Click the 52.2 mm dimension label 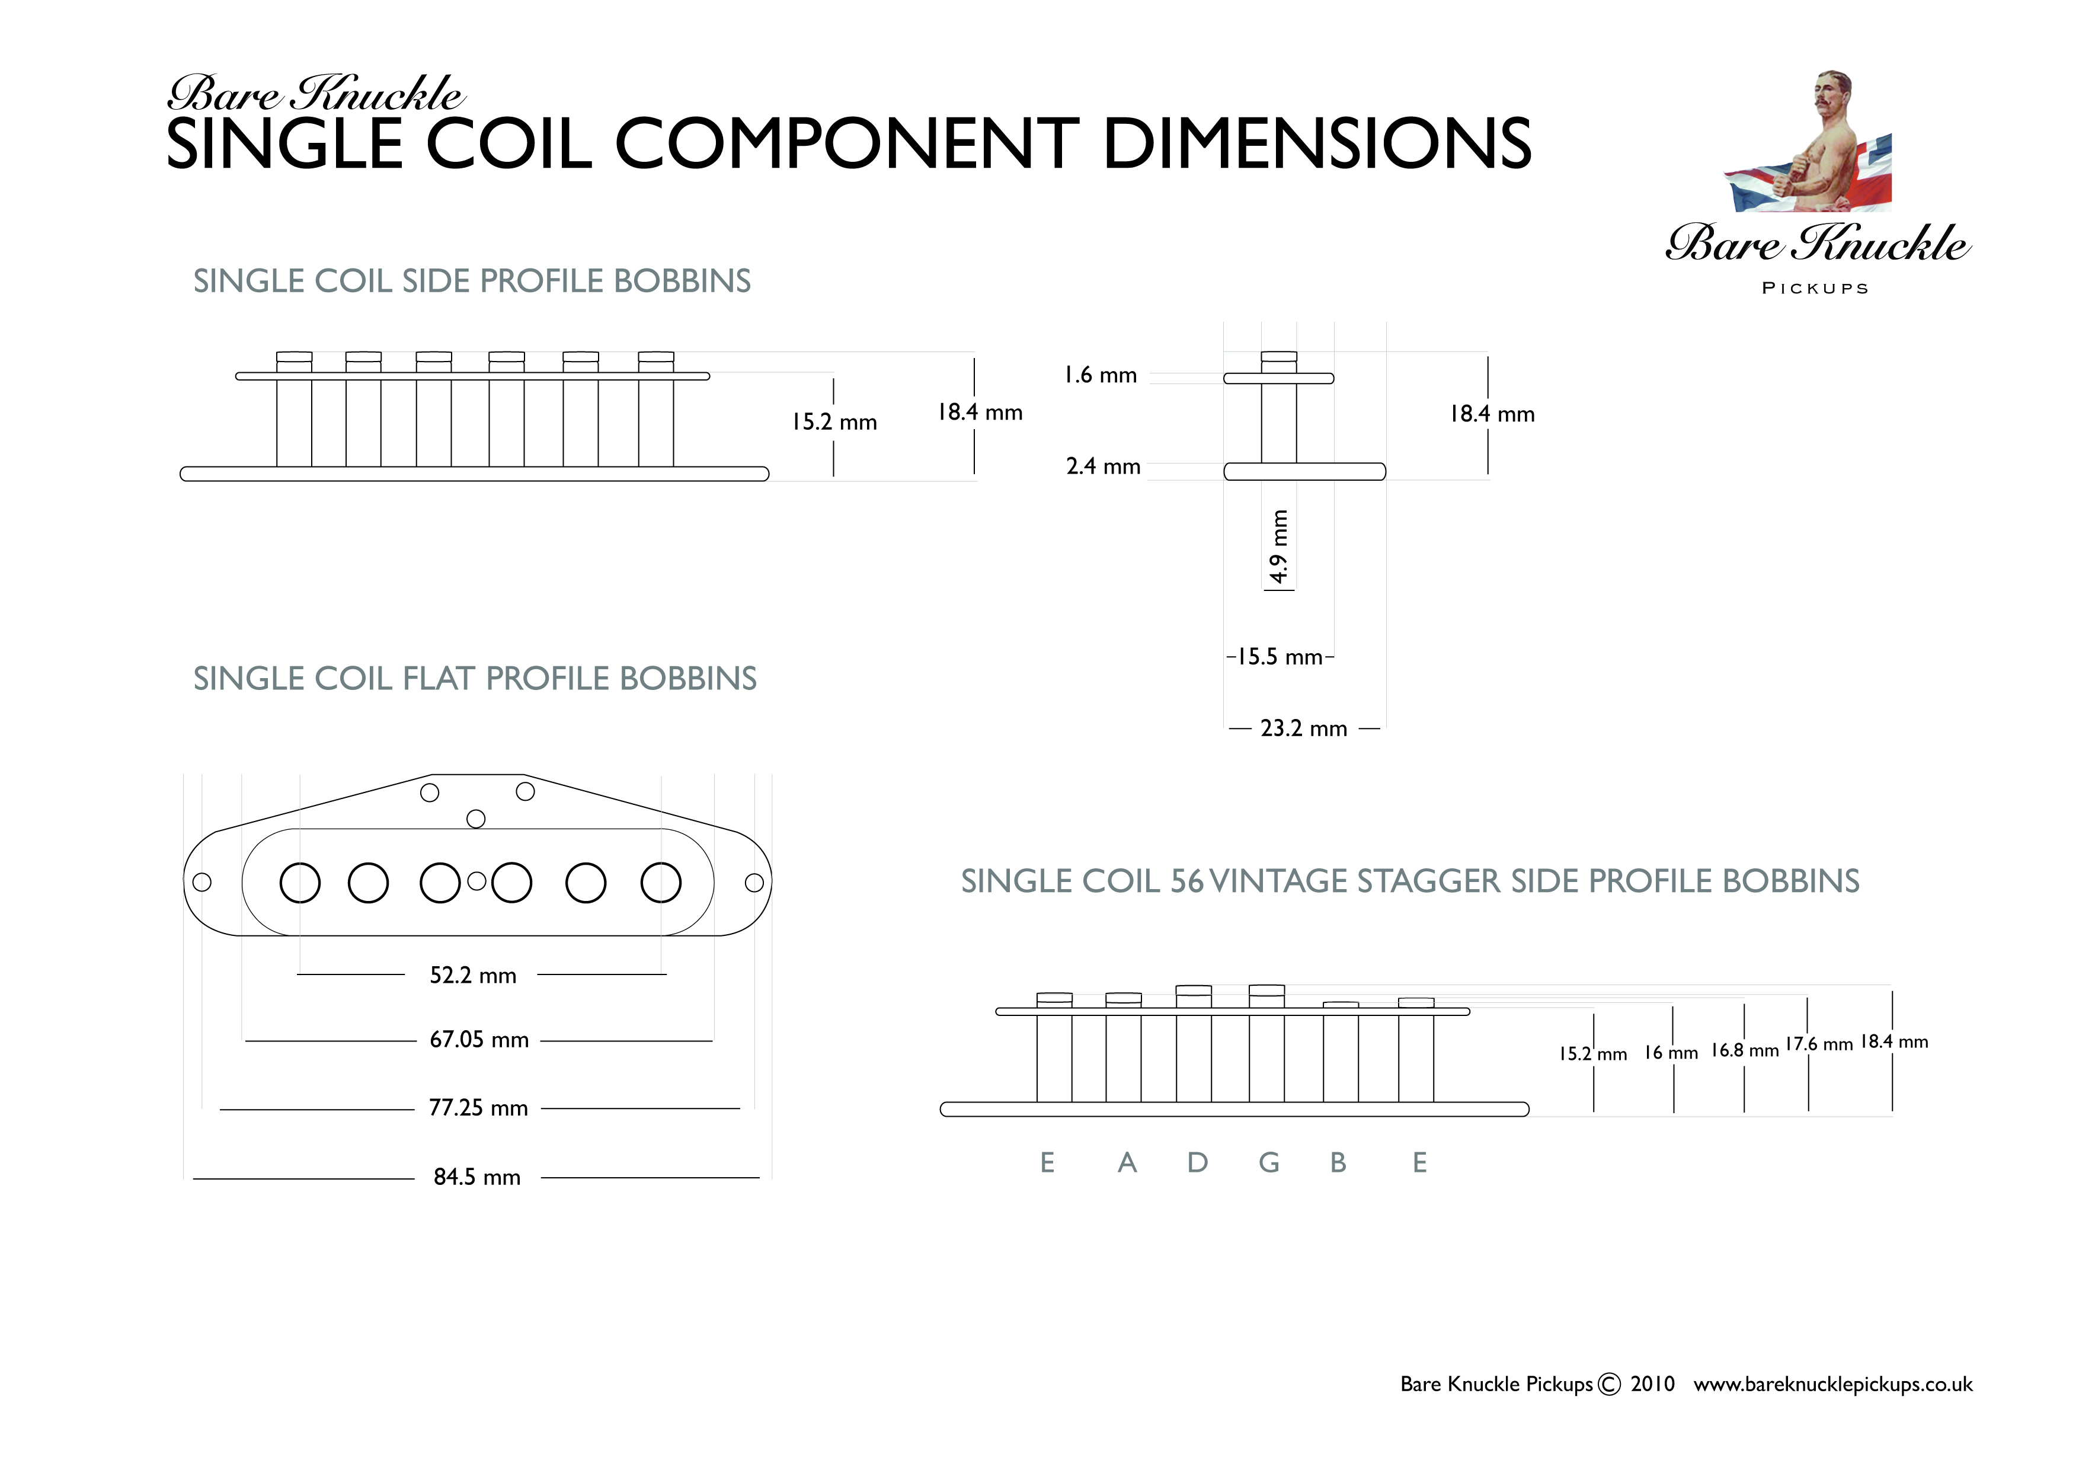pyautogui.click(x=473, y=976)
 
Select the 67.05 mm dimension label pyautogui.click(x=479, y=1040)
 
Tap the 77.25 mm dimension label pyautogui.click(x=478, y=1108)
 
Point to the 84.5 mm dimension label pyautogui.click(x=477, y=1177)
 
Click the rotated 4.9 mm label pyautogui.click(x=1278, y=547)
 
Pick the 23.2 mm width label pyautogui.click(x=1304, y=728)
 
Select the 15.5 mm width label pyautogui.click(x=1280, y=657)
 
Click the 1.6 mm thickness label pyautogui.click(x=1100, y=375)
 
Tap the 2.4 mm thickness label pyautogui.click(x=1103, y=466)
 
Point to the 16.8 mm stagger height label pyautogui.click(x=1745, y=1051)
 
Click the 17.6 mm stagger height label pyautogui.click(x=1819, y=1044)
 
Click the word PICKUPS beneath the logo pyautogui.click(x=1815, y=288)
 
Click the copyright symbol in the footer pyautogui.click(x=1609, y=1385)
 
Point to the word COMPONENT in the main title pyautogui.click(x=847, y=143)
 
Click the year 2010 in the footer pyautogui.click(x=1652, y=1384)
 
